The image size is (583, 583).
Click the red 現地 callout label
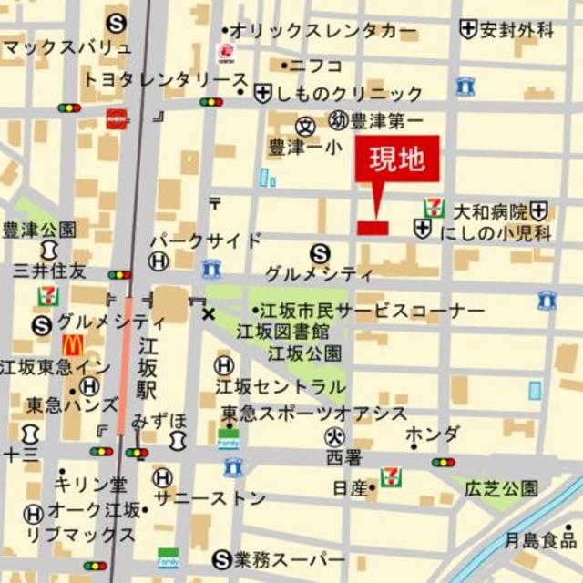[396, 159]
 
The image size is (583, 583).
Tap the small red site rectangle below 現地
[373, 227]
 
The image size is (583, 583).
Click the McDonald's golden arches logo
[73, 345]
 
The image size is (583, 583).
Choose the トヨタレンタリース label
[161, 79]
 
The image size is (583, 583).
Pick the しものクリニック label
[349, 94]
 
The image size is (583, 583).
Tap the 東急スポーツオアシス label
[314, 413]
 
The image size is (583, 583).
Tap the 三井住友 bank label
[50, 270]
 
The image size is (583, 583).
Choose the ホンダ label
[433, 435]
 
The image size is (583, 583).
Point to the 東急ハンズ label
[72, 404]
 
